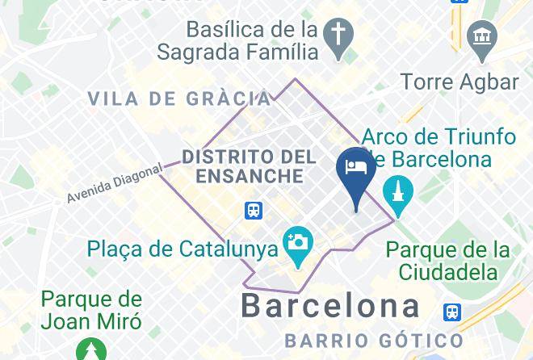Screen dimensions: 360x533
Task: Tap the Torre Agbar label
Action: pyautogui.click(x=460, y=82)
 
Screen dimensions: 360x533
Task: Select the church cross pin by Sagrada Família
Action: pyautogui.click(x=337, y=36)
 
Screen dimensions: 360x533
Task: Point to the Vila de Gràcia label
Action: pyautogui.click(x=179, y=99)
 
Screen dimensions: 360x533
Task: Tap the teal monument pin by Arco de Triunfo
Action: pyautogui.click(x=398, y=193)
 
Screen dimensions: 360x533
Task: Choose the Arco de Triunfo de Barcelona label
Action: pyautogui.click(x=439, y=147)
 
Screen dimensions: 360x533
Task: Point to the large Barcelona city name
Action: pyautogui.click(x=331, y=307)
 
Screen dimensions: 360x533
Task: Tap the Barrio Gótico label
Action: pyautogui.click(x=373, y=340)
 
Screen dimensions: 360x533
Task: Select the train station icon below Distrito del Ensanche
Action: pyautogui.click(x=254, y=211)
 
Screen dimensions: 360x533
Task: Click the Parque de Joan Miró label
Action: pyautogui.click(x=91, y=311)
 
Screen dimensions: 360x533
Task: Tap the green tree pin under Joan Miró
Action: pyautogui.click(x=91, y=350)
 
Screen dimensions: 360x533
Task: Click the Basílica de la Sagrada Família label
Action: pyautogui.click(x=250, y=41)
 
